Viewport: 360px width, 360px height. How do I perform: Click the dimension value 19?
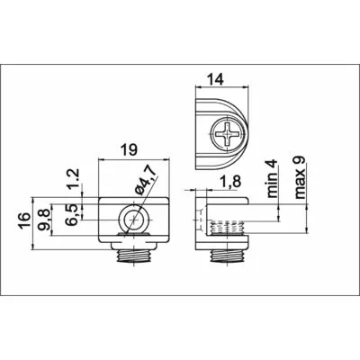(x=130, y=149)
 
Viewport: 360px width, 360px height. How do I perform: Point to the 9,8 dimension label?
(x=45, y=220)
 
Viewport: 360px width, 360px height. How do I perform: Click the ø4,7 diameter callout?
(x=145, y=181)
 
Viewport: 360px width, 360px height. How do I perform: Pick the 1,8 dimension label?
(x=229, y=182)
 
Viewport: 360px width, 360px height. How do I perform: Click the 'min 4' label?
(x=272, y=178)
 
